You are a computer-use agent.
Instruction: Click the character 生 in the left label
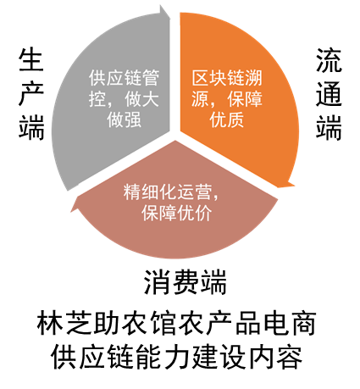point(31,59)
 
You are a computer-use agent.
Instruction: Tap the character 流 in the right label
point(329,60)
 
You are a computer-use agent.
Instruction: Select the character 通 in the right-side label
point(329,94)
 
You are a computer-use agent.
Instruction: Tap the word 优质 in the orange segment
point(227,119)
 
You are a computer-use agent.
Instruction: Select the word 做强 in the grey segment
point(124,119)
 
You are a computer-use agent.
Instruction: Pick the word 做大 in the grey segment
point(141,99)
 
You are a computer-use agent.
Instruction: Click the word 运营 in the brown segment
point(194,192)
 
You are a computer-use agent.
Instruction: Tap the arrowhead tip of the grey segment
point(170,18)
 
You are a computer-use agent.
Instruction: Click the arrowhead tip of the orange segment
point(294,186)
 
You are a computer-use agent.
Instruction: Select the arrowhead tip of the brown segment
point(71,211)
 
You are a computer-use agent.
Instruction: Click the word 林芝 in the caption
point(64,324)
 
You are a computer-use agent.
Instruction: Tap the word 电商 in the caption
point(290,324)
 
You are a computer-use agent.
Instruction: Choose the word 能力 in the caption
point(163,357)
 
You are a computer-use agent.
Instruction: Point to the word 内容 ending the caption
point(275,357)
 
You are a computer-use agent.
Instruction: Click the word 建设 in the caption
point(219,357)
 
